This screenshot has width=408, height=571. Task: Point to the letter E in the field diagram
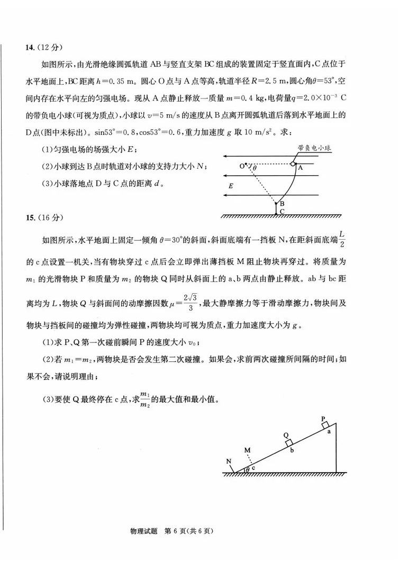[230, 186]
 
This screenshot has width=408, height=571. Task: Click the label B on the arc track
[282, 204]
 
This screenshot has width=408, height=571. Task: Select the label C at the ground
[282, 211]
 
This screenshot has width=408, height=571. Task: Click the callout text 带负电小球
[314, 149]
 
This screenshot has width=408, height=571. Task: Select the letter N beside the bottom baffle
[229, 461]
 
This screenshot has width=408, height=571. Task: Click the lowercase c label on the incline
[253, 468]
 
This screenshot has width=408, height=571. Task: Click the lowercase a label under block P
[329, 432]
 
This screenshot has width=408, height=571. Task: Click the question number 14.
[30, 49]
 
